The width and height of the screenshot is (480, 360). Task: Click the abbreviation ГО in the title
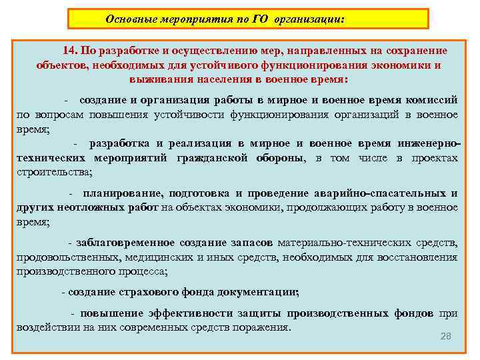260,19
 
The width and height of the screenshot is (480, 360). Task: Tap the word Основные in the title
131,19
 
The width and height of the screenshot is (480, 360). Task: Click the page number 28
446,336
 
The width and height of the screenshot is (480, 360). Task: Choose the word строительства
54,173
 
